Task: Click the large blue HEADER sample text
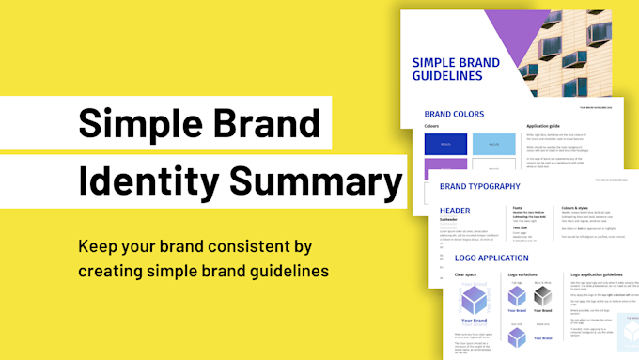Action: pos(455,211)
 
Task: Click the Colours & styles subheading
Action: pos(581,208)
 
